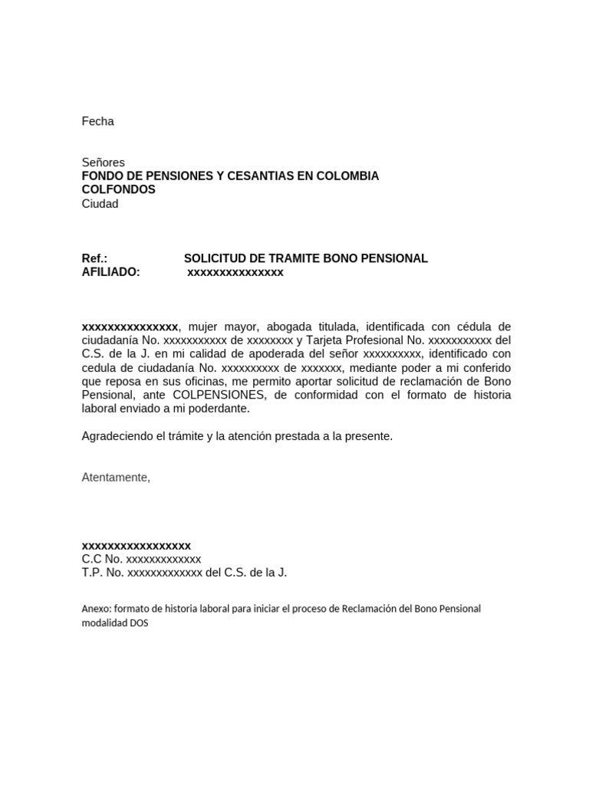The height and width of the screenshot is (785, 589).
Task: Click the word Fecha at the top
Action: [97, 121]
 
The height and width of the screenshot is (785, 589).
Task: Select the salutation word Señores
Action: [103, 163]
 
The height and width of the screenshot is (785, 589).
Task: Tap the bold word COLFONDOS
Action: [118, 189]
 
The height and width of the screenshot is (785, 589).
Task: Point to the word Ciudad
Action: [100, 204]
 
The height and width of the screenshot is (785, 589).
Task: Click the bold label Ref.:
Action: [94, 258]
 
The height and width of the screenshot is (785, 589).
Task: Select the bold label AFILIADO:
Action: [110, 272]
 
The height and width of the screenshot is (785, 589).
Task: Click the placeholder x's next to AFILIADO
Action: [235, 272]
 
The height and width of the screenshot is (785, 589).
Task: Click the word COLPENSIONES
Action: [219, 395]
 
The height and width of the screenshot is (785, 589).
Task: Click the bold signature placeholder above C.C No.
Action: [137, 545]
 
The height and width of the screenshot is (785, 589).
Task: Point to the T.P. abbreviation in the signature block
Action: [92, 573]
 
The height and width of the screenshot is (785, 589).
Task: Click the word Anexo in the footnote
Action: [95, 609]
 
